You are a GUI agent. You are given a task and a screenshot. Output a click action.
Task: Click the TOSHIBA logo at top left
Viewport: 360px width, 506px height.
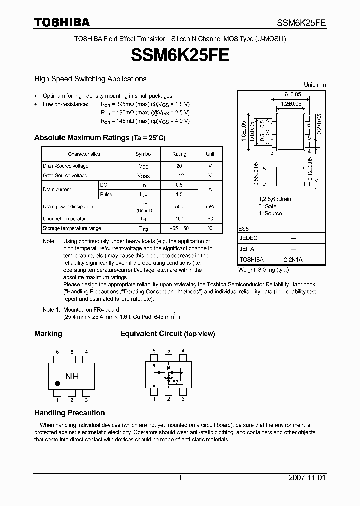click(62, 22)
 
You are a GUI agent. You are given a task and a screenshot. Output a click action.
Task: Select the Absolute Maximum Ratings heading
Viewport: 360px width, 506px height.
click(99, 138)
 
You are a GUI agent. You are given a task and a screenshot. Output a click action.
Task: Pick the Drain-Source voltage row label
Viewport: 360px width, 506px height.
click(66, 166)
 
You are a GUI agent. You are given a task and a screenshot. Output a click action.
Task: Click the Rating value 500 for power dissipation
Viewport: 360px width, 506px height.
click(179, 206)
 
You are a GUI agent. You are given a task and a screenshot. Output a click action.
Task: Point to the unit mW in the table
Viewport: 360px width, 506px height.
click(210, 206)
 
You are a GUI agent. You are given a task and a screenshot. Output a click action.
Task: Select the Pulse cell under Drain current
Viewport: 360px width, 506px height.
click(106, 194)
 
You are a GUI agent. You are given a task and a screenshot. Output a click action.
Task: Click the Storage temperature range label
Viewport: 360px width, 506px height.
click(72, 228)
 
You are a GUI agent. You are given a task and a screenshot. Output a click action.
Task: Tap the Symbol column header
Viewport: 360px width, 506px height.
click(143, 154)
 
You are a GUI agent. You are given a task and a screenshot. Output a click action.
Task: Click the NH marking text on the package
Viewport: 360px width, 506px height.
click(72, 376)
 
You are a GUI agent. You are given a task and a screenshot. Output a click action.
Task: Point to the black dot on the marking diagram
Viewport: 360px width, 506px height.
click(58, 384)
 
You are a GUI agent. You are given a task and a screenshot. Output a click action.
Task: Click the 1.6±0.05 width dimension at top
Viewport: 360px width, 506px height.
click(290, 94)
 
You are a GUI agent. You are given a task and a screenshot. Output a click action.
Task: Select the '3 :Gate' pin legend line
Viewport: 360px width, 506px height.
click(267, 206)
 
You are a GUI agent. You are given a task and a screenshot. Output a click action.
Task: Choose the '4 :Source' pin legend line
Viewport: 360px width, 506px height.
click(270, 213)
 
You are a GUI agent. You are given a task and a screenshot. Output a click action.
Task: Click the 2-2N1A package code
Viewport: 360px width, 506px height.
click(293, 260)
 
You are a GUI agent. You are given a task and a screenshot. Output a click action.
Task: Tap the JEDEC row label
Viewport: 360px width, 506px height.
click(248, 239)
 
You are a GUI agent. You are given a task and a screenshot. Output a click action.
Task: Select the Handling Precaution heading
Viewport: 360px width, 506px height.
click(69, 413)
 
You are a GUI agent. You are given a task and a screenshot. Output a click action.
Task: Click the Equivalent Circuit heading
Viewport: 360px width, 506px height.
click(167, 334)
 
